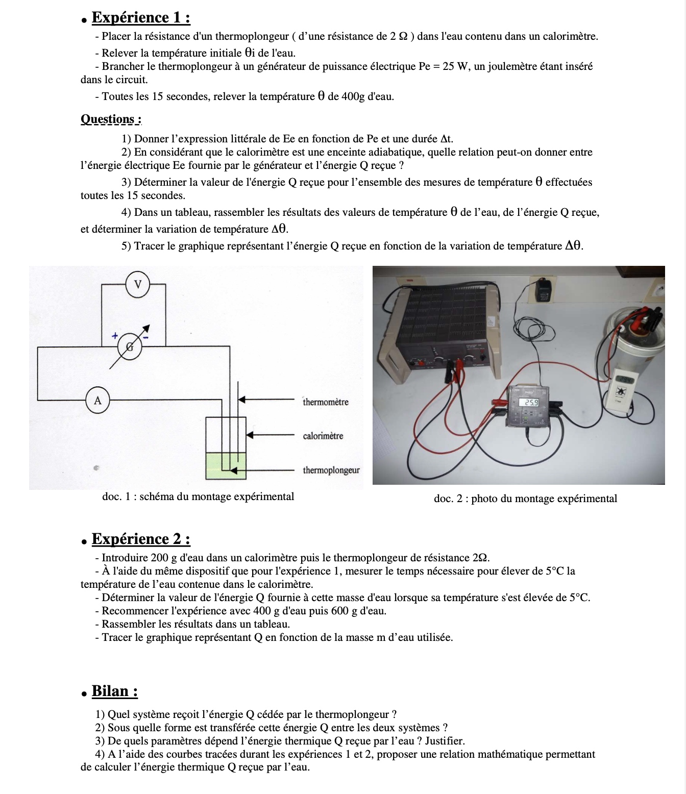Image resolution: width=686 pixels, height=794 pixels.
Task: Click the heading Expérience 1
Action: (141, 18)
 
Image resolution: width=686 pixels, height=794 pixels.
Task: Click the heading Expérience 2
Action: (141, 539)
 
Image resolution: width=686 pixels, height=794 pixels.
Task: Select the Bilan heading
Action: (114, 691)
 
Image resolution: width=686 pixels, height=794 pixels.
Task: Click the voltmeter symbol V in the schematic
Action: (138, 284)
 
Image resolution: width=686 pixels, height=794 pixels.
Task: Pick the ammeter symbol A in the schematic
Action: (97, 401)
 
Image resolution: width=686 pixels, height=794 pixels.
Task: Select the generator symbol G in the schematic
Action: (130, 346)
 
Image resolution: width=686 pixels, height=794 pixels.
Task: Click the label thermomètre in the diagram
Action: (325, 402)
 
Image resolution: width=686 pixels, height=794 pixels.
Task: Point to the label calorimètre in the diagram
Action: (323, 436)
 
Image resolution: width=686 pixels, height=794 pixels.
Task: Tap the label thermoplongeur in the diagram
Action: (331, 470)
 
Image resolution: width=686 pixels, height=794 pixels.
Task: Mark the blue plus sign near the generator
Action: (115, 336)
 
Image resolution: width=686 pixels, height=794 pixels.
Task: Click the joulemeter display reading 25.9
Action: (528, 402)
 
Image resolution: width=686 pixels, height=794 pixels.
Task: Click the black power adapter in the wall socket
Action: (543, 291)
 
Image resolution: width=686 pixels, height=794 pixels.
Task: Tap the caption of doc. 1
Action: (198, 497)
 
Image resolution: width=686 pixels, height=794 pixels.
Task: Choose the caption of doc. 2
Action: (525, 499)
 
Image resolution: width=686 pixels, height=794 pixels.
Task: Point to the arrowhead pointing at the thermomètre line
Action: (242, 399)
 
